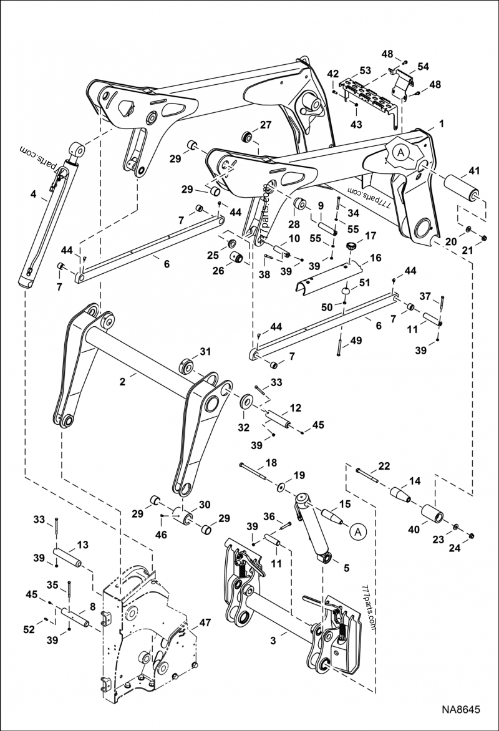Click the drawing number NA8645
pos(462,710)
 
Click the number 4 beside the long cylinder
pos(34,195)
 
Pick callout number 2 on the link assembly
pos(124,378)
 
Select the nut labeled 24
pos(472,536)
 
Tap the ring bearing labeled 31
pos(186,364)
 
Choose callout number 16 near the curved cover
pos(375,257)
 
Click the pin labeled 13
pos(70,554)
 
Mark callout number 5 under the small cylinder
pos(346,568)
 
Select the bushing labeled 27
pos(247,136)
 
